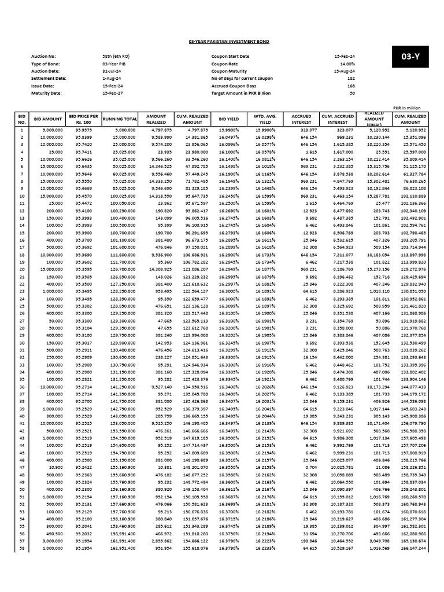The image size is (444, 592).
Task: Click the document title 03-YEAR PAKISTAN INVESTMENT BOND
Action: pyautogui.click(x=221, y=42)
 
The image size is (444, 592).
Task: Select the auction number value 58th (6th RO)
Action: pyautogui.click(x=116, y=57)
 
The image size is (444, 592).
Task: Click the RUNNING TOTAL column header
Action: pyautogui.click(x=120, y=119)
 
